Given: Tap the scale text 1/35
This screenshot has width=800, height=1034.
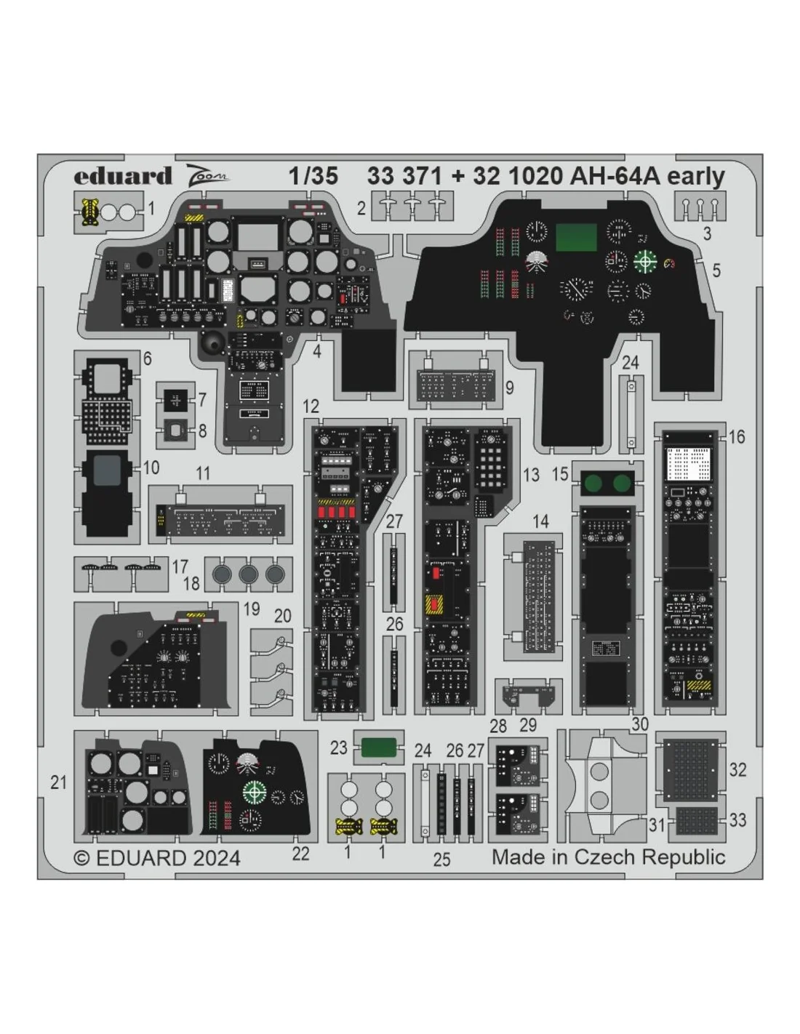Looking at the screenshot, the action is [313, 176].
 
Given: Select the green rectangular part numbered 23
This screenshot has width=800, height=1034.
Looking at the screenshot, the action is [378, 747].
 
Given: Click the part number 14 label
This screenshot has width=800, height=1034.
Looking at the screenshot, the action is [540, 521].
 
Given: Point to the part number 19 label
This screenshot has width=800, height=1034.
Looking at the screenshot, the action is [252, 609].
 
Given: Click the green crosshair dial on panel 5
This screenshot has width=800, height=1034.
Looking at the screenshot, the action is [645, 261].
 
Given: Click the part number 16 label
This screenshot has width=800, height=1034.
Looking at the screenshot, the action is [736, 437].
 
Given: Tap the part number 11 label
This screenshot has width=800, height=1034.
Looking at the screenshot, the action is [203, 473].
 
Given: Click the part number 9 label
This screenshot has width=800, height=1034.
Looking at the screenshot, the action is [509, 388].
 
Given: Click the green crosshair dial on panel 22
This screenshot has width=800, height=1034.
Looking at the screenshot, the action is [255, 791].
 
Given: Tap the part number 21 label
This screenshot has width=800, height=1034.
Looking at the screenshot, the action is [58, 782].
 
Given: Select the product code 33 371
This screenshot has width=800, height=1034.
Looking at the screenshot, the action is [404, 176].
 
